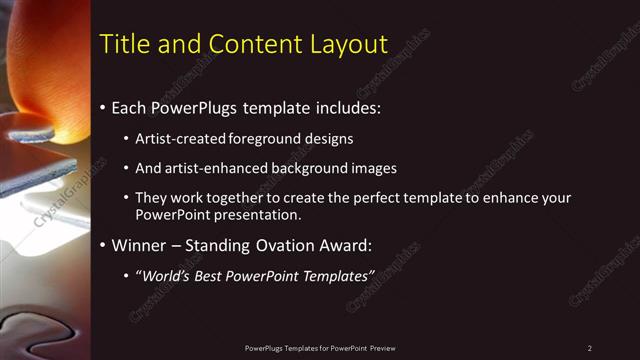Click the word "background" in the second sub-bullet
click(x=312, y=168)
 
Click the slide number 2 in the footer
click(x=589, y=348)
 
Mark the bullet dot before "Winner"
click(x=103, y=245)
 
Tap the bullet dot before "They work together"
click(x=126, y=198)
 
